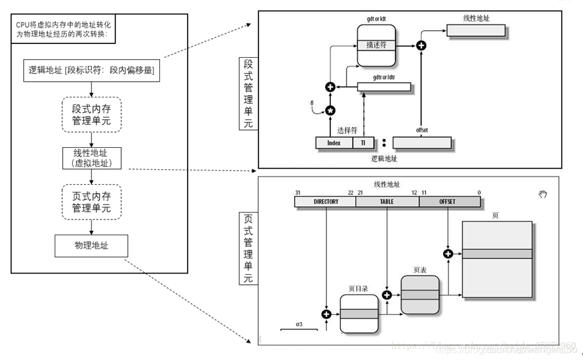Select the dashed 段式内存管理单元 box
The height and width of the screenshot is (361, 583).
tap(91, 114)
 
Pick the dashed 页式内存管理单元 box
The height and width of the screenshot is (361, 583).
tap(91, 201)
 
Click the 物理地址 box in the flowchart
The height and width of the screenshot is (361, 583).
tap(91, 246)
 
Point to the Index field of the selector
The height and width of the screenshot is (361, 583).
tap(334, 143)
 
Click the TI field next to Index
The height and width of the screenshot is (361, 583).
tap(363, 143)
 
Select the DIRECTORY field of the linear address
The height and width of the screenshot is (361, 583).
tap(326, 202)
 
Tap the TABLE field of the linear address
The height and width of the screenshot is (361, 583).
tap(387, 202)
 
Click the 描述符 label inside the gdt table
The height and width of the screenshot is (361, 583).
tap(375, 45)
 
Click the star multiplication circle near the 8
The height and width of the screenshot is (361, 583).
tap(330, 110)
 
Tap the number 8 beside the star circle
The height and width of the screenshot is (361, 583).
tap(311, 102)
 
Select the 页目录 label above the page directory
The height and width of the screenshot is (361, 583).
tap(358, 289)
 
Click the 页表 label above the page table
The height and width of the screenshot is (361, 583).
tap(420, 269)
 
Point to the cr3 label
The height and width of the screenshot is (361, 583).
tap(299, 325)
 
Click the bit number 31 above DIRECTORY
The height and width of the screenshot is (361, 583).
tap(297, 192)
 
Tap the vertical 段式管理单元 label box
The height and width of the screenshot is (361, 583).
tap(249, 94)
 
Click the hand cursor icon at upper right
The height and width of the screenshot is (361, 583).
tap(543, 194)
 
